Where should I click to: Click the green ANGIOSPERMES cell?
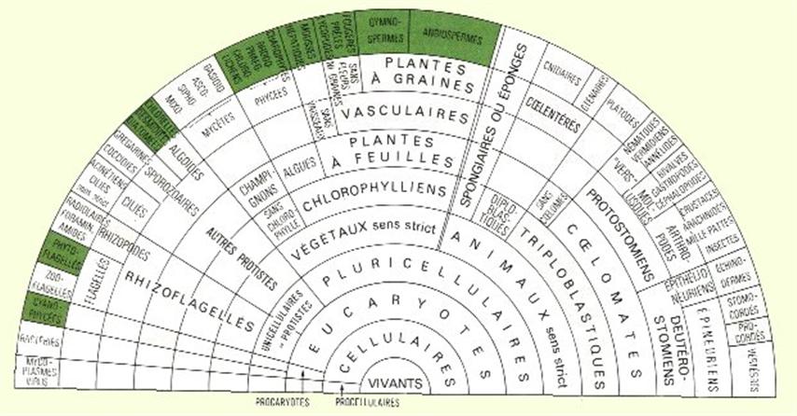coord(451,37)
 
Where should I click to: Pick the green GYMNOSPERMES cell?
coord(383,35)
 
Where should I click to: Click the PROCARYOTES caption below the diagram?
coord(282,403)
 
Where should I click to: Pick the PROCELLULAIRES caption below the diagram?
coord(364,403)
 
